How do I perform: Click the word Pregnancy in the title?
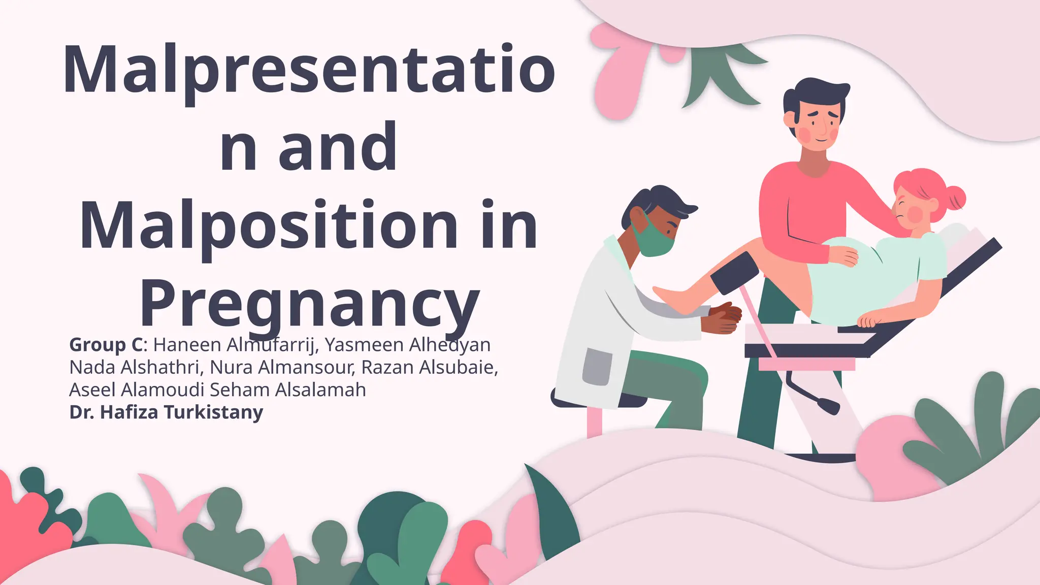tap(310, 303)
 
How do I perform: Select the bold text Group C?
tap(107, 345)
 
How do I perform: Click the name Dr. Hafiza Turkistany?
tap(166, 412)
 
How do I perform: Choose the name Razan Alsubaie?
tap(429, 367)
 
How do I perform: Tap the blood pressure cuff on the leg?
tap(735, 274)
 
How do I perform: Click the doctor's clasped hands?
tap(724, 318)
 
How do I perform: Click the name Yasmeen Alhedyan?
tap(407, 345)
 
